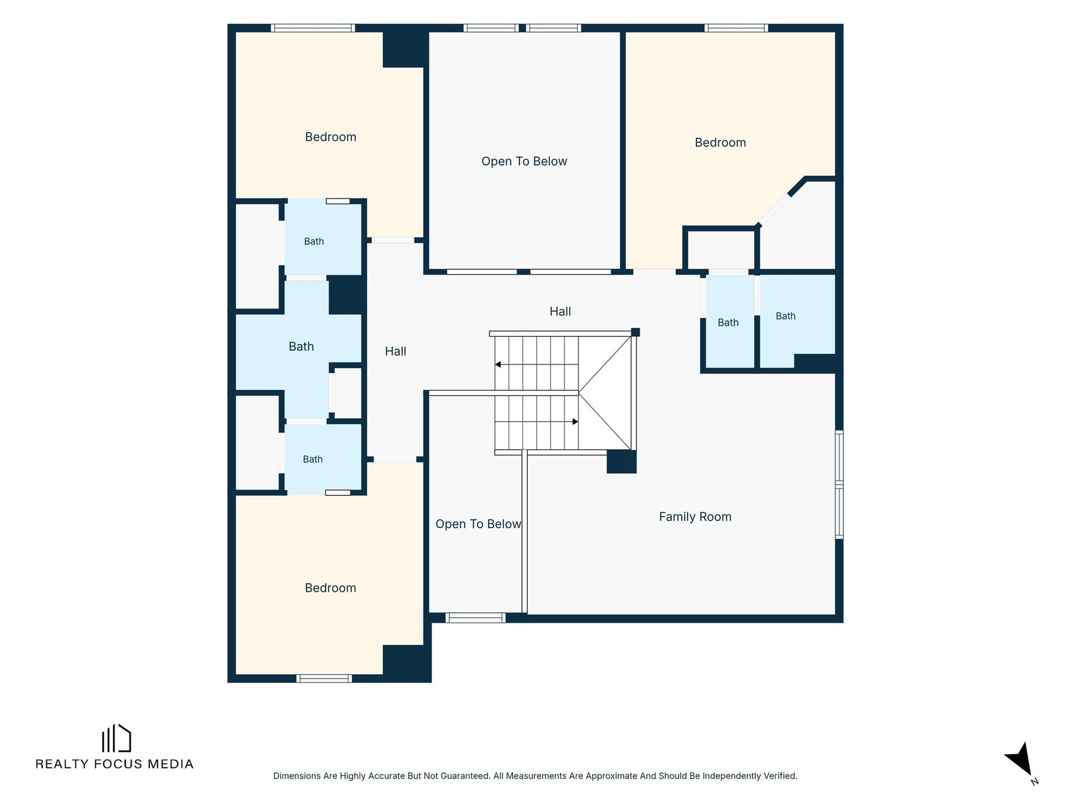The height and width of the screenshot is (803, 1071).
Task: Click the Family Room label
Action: coord(695,517)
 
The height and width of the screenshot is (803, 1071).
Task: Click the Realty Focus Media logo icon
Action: coord(116,738)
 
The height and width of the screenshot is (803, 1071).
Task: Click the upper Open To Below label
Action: coord(524,161)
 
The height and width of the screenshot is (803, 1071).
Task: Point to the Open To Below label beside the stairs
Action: coord(478,524)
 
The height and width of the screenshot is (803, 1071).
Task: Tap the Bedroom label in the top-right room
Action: coord(720,143)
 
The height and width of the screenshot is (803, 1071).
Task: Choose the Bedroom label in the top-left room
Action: coord(330,137)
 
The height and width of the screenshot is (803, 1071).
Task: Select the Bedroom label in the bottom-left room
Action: coord(330,588)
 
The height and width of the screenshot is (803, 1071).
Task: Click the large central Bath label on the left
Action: coord(301,347)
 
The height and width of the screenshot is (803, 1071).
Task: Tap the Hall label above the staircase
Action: coord(560,312)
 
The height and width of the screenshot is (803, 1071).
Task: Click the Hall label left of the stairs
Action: coord(395,351)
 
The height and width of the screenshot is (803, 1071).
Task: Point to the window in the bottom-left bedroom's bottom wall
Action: coord(324,678)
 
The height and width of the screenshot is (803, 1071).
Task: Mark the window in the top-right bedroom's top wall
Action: coord(736,28)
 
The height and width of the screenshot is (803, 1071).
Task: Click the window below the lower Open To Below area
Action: coord(475,618)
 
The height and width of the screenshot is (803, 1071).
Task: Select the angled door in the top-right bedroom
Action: coord(774,210)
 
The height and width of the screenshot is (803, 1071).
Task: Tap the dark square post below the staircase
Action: coord(621,462)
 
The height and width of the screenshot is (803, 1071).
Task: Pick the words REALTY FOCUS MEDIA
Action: coord(114,764)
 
